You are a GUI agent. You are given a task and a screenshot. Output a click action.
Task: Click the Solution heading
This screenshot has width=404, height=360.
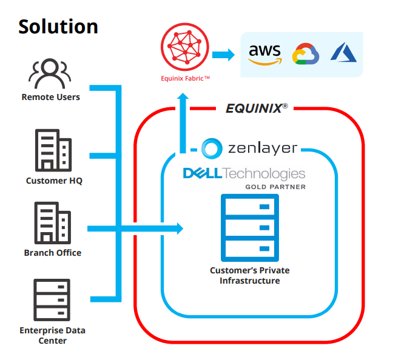click(x=58, y=26)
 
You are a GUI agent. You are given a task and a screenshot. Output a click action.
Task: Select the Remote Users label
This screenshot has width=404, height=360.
click(x=50, y=97)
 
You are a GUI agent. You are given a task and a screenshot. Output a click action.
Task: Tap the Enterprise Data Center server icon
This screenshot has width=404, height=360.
click(x=52, y=300)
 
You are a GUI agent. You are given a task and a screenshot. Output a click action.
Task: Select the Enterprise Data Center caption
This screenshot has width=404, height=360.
click(x=52, y=335)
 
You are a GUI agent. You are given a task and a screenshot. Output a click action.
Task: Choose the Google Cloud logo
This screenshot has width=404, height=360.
click(x=305, y=55)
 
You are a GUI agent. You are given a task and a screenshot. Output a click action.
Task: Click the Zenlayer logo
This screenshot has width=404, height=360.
click(x=249, y=148)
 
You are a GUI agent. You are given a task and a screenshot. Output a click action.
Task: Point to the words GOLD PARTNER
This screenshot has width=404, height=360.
click(x=275, y=187)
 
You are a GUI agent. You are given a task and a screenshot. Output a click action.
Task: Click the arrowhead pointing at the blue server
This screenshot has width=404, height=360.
click(x=179, y=228)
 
